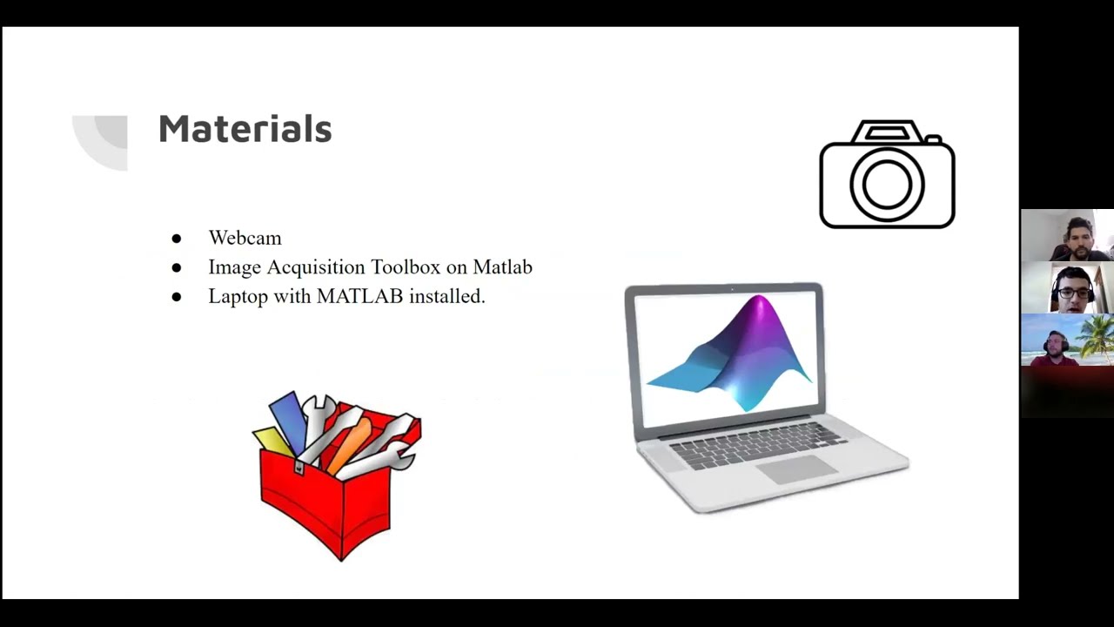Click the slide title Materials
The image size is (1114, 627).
pyautogui.click(x=245, y=129)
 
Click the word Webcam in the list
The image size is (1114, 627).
pyautogui.click(x=245, y=238)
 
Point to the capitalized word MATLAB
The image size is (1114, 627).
pyautogui.click(x=359, y=296)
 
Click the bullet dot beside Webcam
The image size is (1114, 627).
pyautogui.click(x=177, y=239)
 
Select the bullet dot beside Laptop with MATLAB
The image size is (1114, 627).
pyautogui.click(x=177, y=297)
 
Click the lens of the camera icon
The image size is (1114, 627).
pyautogui.click(x=887, y=184)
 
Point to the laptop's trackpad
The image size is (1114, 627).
pyautogui.click(x=797, y=469)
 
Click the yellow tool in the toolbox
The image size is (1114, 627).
pyautogui.click(x=271, y=441)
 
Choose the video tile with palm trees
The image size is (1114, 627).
pyautogui.click(x=1067, y=340)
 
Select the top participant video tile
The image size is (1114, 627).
pyautogui.click(x=1067, y=235)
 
